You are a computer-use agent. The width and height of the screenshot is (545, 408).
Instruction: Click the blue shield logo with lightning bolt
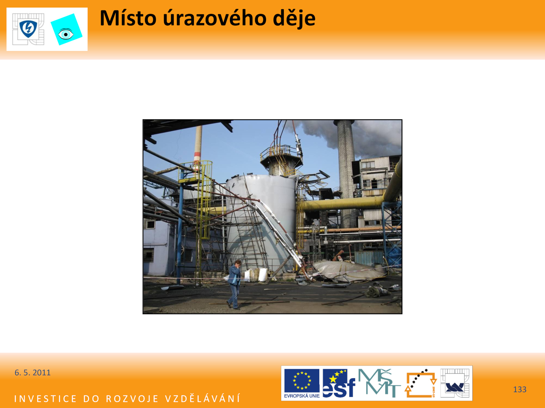coord(28,29)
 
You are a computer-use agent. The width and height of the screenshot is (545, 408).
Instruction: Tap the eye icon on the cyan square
coord(66,34)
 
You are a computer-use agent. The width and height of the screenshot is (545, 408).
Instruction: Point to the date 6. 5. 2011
coord(32,373)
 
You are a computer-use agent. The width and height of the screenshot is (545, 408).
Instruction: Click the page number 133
coord(520,389)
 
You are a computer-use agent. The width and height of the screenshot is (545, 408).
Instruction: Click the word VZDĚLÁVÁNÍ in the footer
coord(203,398)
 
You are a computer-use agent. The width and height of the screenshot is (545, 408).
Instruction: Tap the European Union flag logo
coord(302,383)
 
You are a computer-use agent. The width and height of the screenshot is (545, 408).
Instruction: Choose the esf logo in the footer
coord(339,383)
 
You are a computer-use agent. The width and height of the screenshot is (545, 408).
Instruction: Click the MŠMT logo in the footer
coord(379,383)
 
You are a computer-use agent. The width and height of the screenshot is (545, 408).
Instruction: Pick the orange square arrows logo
coord(421,383)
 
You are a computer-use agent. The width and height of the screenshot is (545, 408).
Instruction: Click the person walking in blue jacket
coord(234,285)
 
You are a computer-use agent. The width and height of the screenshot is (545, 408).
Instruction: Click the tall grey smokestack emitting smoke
coord(346,173)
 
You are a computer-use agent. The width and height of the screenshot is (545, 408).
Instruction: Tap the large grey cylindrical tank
coord(261,223)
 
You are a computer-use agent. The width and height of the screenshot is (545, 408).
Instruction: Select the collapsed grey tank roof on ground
coord(350,272)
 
